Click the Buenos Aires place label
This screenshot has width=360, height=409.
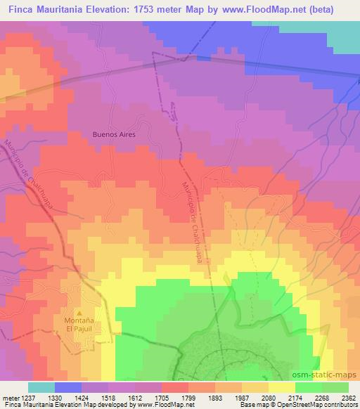tap(113, 134)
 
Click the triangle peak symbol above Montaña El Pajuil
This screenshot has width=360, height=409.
tap(79, 313)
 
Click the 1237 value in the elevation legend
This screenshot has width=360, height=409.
tap(26, 398)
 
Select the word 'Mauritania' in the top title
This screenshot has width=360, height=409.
tap(72, 8)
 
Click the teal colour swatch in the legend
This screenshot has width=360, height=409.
tap(41, 387)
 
